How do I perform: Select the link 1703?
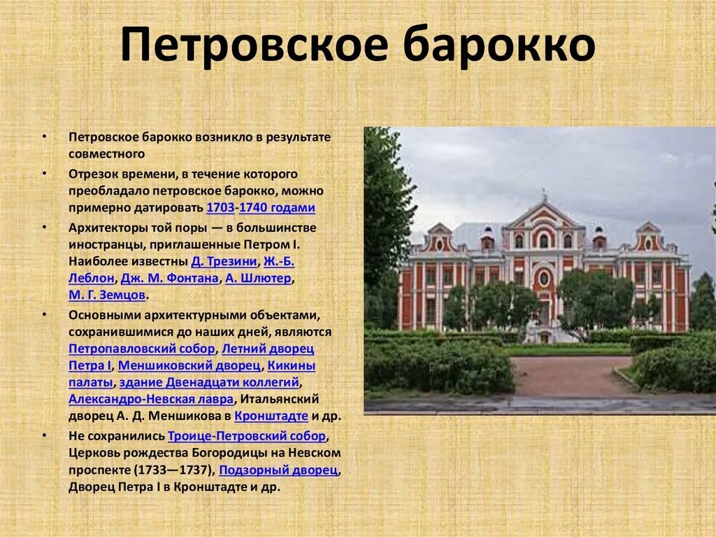(220, 208)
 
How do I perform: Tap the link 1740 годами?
(276, 208)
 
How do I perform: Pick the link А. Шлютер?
(257, 279)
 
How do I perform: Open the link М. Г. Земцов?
(107, 295)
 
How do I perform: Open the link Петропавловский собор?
(142, 349)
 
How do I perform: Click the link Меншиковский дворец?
(189, 365)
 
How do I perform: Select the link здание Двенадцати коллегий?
(209, 382)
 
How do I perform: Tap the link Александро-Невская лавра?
(151, 399)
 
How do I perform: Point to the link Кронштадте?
(271, 416)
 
